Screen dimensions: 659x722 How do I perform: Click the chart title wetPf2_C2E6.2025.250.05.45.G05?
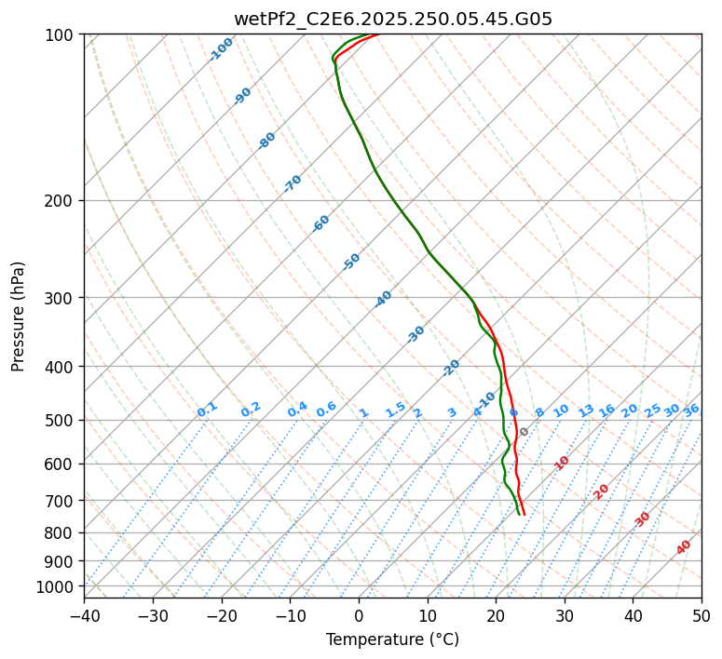click(x=392, y=19)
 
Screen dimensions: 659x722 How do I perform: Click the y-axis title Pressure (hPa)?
click(x=18, y=316)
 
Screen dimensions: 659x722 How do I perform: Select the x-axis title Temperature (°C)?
click(x=392, y=639)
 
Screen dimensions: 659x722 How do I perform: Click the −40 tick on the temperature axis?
click(x=84, y=615)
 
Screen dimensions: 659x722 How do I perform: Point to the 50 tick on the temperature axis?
click(x=702, y=615)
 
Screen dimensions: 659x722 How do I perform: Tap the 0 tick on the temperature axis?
click(x=359, y=615)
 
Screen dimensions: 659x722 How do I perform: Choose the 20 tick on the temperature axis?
click(x=496, y=615)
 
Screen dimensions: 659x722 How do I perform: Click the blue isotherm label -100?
click(x=222, y=48)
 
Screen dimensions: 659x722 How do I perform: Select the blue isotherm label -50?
click(x=351, y=262)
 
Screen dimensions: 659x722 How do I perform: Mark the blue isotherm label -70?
click(x=293, y=183)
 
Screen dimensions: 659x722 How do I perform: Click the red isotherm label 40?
click(x=684, y=547)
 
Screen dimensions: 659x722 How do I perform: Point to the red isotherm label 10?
click(x=562, y=463)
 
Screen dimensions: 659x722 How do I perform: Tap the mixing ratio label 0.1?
click(x=207, y=409)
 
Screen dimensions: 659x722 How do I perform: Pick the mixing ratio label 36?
click(x=691, y=410)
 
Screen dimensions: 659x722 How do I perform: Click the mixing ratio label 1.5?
click(x=395, y=409)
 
